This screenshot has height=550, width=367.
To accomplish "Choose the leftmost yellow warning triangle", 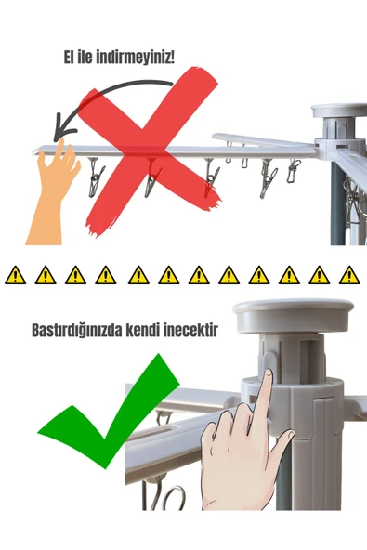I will (16, 275).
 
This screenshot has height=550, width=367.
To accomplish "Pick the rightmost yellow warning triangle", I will (349, 275).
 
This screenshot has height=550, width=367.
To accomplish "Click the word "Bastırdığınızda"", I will (80, 330).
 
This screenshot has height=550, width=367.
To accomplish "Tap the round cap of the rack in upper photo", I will (339, 111).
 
